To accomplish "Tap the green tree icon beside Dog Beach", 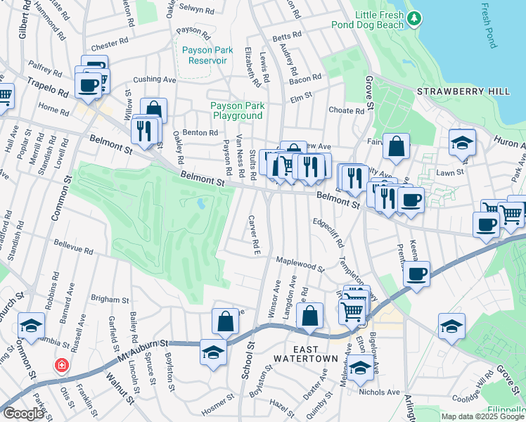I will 416,17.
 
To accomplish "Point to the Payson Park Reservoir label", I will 204,55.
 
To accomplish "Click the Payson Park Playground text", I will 237,110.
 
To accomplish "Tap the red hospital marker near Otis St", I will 63,366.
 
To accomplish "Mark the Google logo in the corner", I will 23,414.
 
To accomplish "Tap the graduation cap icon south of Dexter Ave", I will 360,367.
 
